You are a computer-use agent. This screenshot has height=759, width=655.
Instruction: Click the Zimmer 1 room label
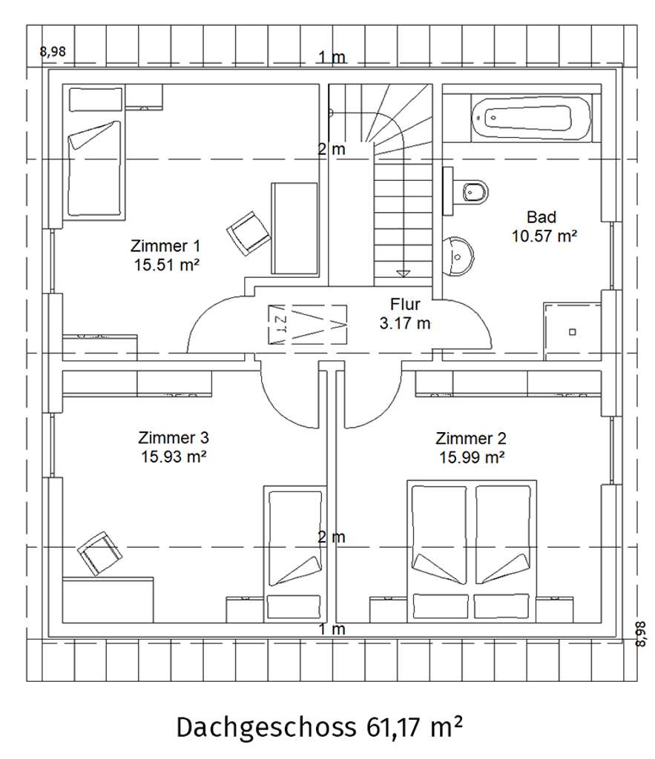[165, 246]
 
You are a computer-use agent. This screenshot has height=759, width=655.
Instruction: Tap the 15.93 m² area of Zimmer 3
[174, 457]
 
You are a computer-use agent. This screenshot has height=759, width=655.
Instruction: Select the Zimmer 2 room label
[471, 439]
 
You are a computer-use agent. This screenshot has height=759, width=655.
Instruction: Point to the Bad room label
[542, 217]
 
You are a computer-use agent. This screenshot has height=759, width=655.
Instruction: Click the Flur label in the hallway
[405, 304]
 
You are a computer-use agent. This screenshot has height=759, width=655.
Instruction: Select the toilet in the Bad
[470, 192]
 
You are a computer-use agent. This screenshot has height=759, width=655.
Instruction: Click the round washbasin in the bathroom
[458, 256]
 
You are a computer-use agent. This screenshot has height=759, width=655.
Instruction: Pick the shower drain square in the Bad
[572, 332]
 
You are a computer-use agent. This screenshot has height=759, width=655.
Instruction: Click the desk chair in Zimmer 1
[248, 233]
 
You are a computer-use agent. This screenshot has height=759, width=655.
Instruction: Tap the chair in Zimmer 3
[100, 553]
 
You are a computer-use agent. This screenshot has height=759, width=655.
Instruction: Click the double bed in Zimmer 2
[472, 551]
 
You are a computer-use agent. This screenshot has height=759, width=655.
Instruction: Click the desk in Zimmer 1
[294, 228]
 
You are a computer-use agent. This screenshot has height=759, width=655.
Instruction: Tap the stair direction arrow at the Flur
[403, 274]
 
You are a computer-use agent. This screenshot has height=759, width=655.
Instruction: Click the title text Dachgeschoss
[266, 727]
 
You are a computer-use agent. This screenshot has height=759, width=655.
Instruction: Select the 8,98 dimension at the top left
[53, 51]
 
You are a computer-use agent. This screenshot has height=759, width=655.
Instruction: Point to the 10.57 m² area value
[544, 236]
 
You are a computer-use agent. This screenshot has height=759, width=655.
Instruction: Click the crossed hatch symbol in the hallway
[308, 325]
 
